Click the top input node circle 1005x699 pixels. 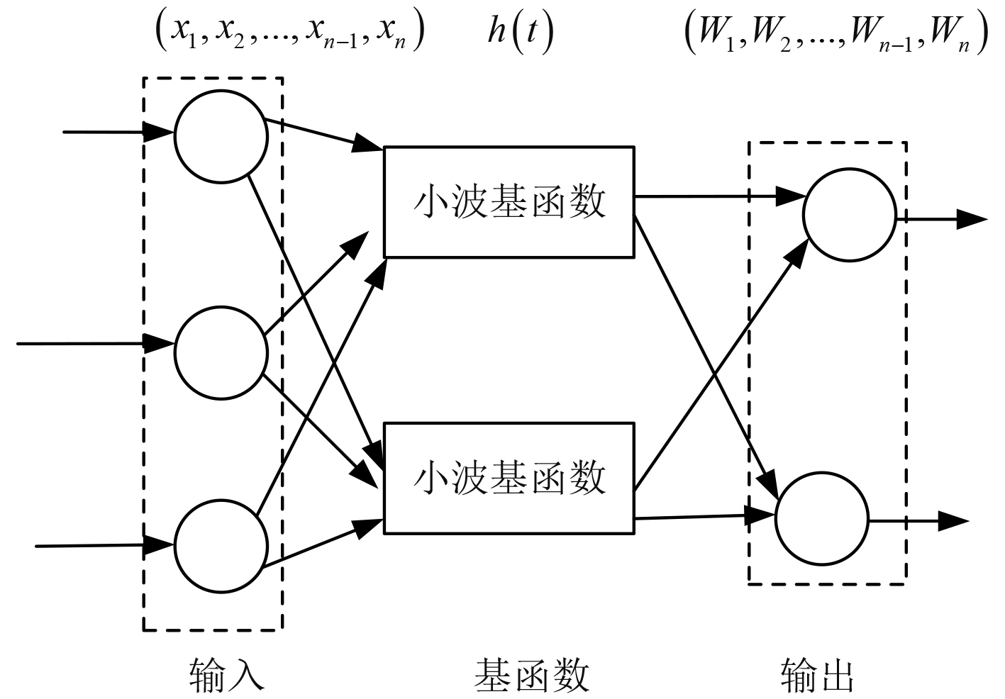(221, 137)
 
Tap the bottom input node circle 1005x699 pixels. (221, 547)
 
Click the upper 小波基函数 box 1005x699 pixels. (509, 202)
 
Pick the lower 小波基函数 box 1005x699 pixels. (509, 478)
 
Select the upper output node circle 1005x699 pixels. (849, 215)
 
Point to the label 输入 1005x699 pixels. (226, 673)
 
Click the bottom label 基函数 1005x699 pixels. (531, 673)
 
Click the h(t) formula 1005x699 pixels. (520, 34)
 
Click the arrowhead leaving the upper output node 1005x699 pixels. (972, 220)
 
